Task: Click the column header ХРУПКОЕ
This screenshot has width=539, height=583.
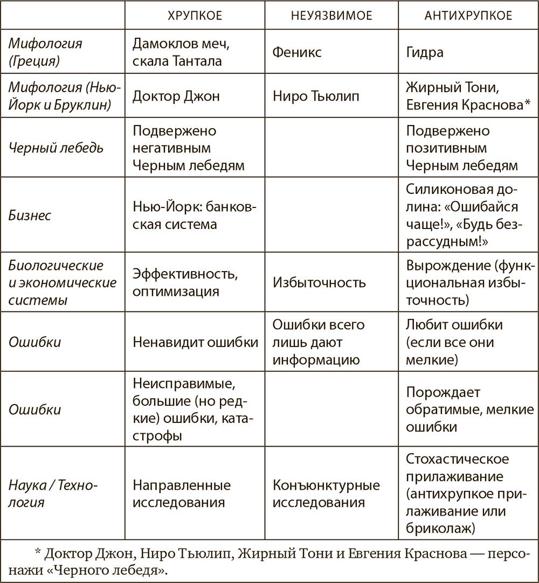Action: pyautogui.click(x=196, y=16)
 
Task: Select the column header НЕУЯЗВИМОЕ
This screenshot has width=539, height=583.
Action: pyautogui.click(x=331, y=16)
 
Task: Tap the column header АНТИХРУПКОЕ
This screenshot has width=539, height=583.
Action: pyautogui.click(x=468, y=16)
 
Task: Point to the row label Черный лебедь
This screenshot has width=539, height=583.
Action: pyautogui.click(x=56, y=148)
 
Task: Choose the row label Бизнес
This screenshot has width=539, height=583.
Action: pyautogui.click(x=30, y=216)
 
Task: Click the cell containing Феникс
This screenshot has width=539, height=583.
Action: pyautogui.click(x=297, y=52)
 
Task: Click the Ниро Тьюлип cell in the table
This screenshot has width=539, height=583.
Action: pyautogui.click(x=315, y=97)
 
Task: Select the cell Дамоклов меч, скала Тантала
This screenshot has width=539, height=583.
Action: pyautogui.click(x=177, y=52)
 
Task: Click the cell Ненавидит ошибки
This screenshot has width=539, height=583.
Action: pyautogui.click(x=195, y=342)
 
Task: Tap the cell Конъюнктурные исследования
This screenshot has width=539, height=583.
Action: pyautogui.click(x=326, y=494)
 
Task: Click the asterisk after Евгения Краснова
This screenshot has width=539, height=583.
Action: pyautogui.click(x=527, y=104)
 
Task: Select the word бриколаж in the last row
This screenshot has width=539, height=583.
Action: pyautogui.click(x=440, y=528)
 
